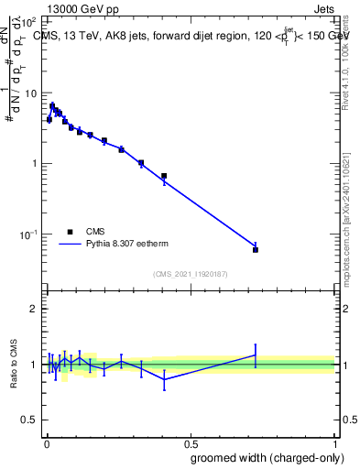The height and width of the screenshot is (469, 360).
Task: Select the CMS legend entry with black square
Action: click(x=70, y=233)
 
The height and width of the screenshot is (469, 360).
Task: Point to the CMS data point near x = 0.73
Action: click(x=256, y=249)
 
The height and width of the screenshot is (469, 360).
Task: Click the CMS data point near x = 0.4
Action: click(x=164, y=176)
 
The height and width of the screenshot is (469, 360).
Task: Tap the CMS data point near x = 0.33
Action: click(x=141, y=163)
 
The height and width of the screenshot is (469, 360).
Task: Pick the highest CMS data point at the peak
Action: click(x=53, y=105)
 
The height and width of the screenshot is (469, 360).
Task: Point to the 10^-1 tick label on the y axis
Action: click(x=27, y=234)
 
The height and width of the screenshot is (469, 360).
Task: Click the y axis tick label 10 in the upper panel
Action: click(x=29, y=93)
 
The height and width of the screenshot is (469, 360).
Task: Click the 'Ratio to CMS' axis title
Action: click(x=14, y=365)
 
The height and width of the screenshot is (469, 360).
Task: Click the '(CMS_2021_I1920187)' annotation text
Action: click(x=190, y=274)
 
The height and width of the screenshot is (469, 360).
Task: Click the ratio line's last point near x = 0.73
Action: click(x=256, y=354)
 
